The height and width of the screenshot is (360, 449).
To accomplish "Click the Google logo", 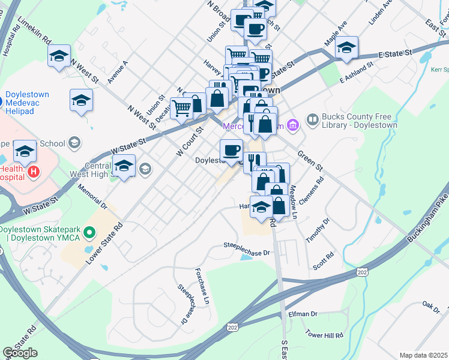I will [x=20, y=353].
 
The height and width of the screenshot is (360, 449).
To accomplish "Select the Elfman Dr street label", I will [x=303, y=314].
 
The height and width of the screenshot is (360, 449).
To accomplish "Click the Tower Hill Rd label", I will [x=324, y=335].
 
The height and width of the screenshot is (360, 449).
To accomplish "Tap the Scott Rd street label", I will [x=322, y=261].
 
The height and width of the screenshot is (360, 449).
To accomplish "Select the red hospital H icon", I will [x=34, y=172].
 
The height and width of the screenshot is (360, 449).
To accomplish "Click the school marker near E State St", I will [x=346, y=47].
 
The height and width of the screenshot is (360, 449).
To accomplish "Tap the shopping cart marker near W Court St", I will [x=181, y=109].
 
